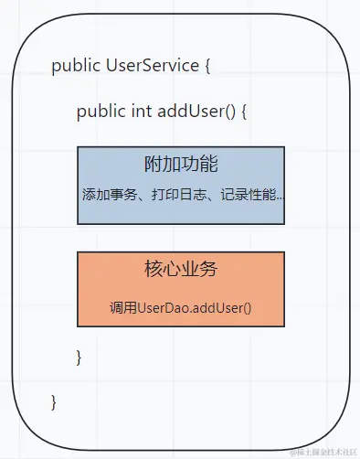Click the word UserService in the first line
153,66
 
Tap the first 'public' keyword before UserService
77,66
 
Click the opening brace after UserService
207,67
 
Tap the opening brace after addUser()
244,112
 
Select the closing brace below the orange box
79,357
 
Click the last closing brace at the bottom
54,401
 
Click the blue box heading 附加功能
181,165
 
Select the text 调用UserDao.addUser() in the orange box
181,308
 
